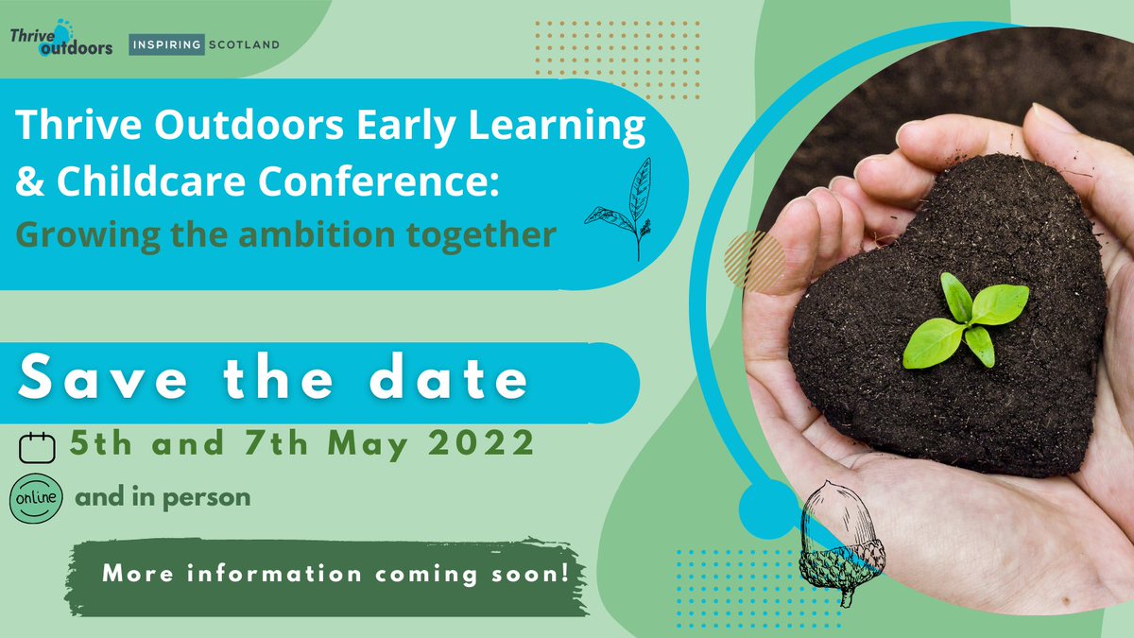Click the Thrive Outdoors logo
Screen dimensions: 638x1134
click(x=61, y=42)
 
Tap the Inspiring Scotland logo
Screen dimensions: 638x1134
click(x=205, y=43)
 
